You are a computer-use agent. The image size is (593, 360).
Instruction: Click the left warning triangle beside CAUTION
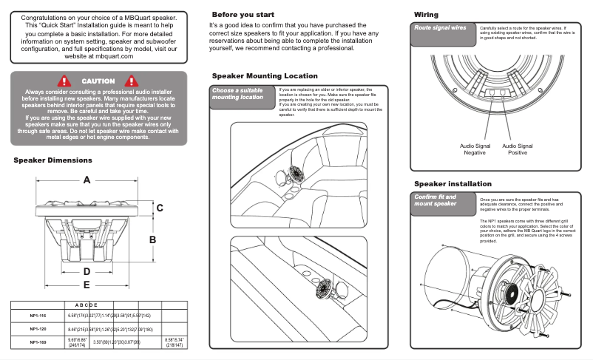(65, 81)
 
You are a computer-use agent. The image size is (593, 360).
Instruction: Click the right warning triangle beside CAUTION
(132, 81)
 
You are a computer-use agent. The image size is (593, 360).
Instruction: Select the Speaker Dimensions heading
(52, 160)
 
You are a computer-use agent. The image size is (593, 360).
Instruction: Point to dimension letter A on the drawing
(87, 180)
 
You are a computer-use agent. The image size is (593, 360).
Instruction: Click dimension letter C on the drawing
(159, 208)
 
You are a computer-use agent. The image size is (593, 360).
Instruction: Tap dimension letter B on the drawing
(153, 240)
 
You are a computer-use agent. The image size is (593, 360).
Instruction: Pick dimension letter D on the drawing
(87, 271)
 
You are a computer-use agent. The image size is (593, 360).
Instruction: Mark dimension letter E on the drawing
(87, 284)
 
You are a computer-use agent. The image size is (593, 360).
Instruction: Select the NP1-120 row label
(39, 329)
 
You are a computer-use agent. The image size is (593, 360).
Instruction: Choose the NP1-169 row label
(39, 342)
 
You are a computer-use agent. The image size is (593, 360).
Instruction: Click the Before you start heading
(243, 15)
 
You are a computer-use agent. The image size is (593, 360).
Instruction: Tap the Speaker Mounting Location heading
(265, 76)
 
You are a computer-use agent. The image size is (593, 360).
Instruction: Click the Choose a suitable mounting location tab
(238, 94)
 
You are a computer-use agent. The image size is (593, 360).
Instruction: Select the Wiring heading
(426, 15)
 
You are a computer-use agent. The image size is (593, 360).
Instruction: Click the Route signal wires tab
(440, 27)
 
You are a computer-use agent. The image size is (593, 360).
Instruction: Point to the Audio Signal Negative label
(475, 149)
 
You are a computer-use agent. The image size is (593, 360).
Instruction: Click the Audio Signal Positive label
(518, 149)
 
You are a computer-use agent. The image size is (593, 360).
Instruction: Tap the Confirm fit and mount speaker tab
(436, 200)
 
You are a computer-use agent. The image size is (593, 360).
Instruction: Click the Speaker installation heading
(453, 183)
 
